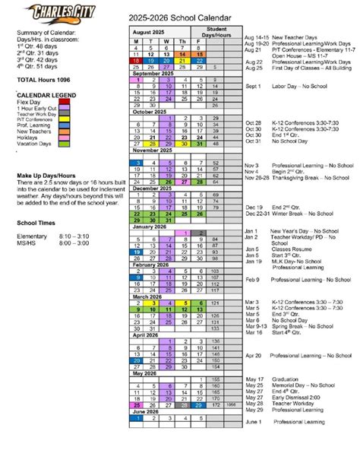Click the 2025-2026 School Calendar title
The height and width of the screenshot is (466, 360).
point(180,15)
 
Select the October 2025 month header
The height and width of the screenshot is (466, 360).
point(149,113)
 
